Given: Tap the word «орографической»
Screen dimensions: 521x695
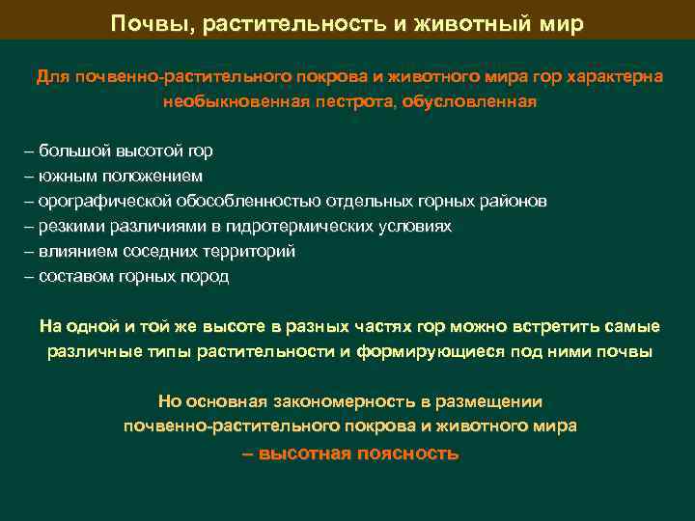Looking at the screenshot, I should click(105, 201).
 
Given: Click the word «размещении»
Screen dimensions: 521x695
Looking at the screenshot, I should click(492, 401).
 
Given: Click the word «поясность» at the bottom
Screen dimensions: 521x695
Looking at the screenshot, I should click(407, 453).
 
